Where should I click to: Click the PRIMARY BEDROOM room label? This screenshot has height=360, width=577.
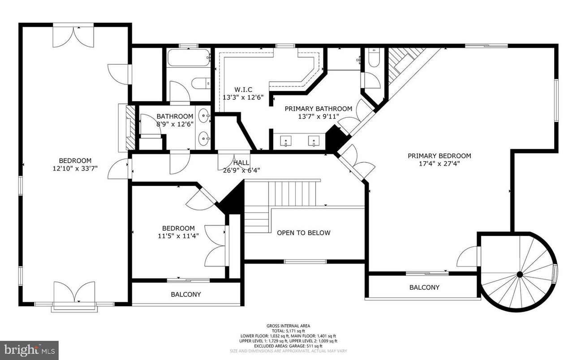(x=439, y=156)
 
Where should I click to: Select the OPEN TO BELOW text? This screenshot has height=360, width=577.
(x=303, y=233)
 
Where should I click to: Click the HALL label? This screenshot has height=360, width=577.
(x=241, y=163)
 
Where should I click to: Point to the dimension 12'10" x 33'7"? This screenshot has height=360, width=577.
(x=75, y=168)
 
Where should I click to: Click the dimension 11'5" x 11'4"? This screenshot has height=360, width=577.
(x=178, y=236)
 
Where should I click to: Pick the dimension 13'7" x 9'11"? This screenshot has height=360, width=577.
(x=318, y=116)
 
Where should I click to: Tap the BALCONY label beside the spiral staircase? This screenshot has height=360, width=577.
(x=424, y=287)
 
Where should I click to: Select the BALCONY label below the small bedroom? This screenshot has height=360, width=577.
(x=185, y=295)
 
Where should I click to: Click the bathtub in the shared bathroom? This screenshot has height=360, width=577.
(x=189, y=58)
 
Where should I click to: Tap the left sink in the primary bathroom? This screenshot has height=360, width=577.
(x=285, y=141)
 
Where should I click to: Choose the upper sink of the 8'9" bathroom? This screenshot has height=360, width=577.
(x=205, y=117)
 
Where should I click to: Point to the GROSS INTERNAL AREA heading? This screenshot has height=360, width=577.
(x=288, y=326)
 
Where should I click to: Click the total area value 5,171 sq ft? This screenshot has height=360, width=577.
(x=288, y=331)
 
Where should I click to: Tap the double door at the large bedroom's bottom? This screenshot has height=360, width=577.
(x=74, y=293)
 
